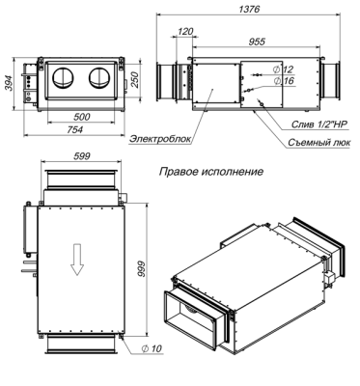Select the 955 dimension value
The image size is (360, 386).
(257, 43)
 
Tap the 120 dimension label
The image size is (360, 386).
(186, 32)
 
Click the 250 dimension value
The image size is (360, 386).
(136, 78)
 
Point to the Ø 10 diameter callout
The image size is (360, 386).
(152, 347)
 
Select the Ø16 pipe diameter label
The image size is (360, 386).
(283, 81)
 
